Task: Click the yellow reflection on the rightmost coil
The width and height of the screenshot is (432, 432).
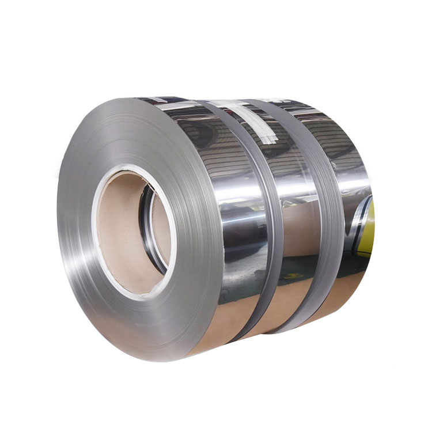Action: (x=367, y=225)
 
